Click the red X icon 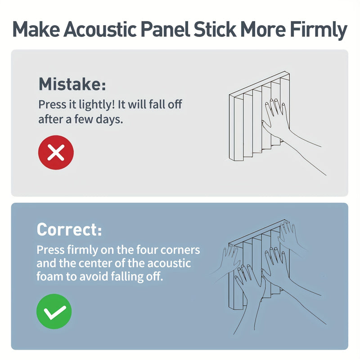point(56,153)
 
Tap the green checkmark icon point(54,311)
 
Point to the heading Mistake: point(72,84)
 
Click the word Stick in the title point(215,29)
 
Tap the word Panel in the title point(165,29)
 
